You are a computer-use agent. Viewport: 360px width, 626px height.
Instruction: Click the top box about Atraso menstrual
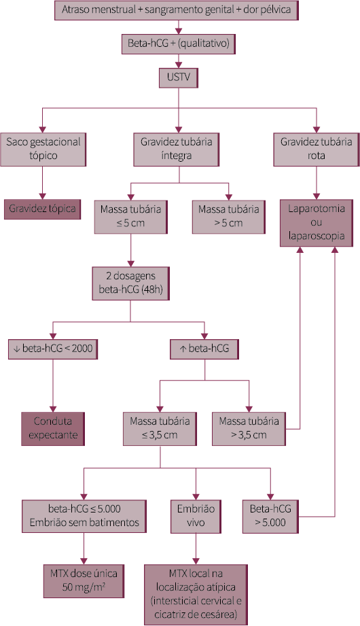coord(179,11)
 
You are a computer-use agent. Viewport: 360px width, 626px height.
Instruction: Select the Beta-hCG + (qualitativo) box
coord(179,45)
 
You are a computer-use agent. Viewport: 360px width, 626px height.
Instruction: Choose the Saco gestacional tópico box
coord(43,149)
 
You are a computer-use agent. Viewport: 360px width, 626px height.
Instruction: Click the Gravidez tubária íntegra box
coord(179,149)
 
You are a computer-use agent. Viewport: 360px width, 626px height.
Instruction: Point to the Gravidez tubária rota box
coord(317,149)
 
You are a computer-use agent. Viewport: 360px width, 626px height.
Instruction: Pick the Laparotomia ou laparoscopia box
coord(317,222)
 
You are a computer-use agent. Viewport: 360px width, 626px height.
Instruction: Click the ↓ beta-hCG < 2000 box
coord(52,349)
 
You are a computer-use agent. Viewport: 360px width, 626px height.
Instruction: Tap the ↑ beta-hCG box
coord(204,349)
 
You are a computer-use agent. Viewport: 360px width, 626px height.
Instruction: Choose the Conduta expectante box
coord(52,428)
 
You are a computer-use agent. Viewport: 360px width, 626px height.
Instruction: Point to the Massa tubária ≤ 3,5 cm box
coord(160,428)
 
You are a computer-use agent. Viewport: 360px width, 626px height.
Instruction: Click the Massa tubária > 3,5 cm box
coord(249,428)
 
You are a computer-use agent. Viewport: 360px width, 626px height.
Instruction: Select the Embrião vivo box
coord(195,517)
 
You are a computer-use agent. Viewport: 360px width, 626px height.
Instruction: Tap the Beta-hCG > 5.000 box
coord(270,517)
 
